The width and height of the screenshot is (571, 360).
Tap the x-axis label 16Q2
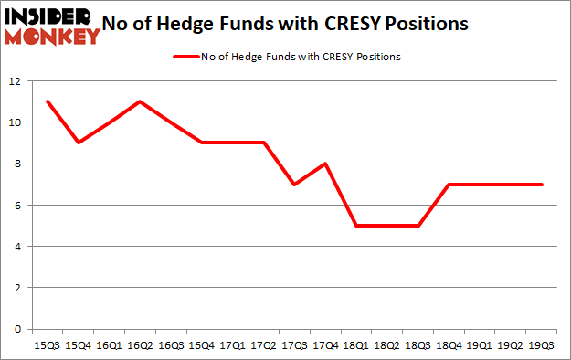139,346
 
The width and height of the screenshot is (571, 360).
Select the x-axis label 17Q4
326,346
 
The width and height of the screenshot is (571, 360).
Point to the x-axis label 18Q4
449,346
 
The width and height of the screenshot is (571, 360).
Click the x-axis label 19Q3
543,346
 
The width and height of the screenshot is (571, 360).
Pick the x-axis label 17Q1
232,346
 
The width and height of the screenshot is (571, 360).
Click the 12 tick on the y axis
16,81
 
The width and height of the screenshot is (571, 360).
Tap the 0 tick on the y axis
18,329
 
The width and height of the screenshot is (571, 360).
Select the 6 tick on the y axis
18,206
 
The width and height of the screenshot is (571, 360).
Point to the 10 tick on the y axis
16,122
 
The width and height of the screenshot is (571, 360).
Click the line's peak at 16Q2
139,101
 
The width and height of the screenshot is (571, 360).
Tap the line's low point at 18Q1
357,226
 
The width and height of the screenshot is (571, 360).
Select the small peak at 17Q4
326,164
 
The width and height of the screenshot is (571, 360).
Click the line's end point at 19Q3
543,185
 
